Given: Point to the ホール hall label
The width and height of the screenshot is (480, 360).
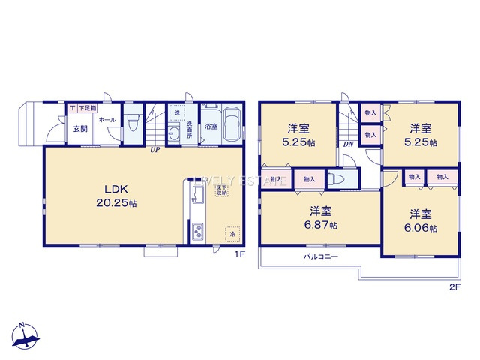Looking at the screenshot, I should click(x=106, y=120).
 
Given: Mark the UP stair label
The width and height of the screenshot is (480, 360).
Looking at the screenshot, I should click(x=154, y=149).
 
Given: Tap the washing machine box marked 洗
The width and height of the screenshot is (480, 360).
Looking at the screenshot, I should click(x=177, y=113).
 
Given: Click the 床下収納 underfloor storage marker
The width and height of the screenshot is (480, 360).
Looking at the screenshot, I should click(x=223, y=190).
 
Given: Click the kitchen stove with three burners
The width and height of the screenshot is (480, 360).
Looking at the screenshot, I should click(x=199, y=231).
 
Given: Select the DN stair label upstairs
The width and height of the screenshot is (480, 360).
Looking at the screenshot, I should click(x=348, y=145).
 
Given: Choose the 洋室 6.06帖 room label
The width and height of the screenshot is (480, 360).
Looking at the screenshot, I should click(x=422, y=220).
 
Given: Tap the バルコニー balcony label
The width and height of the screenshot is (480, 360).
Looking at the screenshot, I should click(x=320, y=256).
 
